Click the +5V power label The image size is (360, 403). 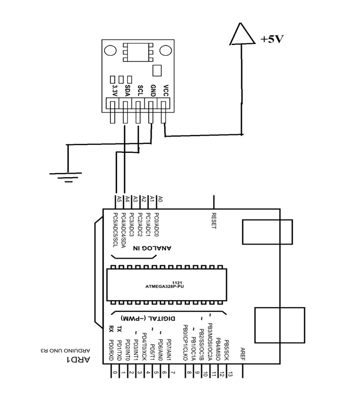[x=271, y=39]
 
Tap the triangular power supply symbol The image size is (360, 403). [x=241, y=34]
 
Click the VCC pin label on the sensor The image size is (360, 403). [x=166, y=90]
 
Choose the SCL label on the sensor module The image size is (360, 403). [x=140, y=90]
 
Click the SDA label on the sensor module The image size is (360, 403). [x=127, y=90]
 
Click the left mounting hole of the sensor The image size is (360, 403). [x=110, y=51]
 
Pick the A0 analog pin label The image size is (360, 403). [x=160, y=199]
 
